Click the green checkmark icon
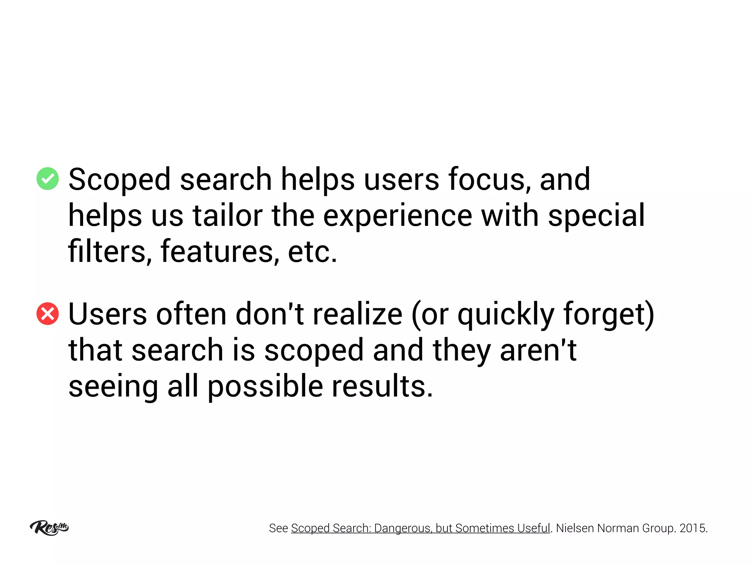click(47, 179)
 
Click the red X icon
click(47, 314)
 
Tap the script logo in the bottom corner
click(49, 527)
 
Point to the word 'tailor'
click(228, 216)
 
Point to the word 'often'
click(191, 314)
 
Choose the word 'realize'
click(357, 314)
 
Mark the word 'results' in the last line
click(382, 386)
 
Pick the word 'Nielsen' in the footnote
click(575, 528)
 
